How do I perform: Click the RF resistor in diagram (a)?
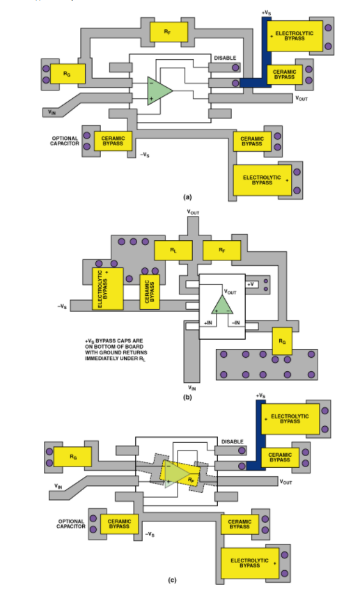169,32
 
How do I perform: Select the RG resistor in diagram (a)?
68,74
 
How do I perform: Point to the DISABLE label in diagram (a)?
225,58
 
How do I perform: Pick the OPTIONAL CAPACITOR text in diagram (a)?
65,141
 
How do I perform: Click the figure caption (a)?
187,197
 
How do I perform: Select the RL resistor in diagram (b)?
173,251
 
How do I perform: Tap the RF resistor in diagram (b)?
222,251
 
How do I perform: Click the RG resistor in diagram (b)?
282,341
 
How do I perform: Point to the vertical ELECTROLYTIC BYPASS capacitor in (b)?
108,288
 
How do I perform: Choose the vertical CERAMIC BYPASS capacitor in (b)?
150,292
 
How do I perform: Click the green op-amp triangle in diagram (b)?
222,304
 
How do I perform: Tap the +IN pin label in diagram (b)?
208,322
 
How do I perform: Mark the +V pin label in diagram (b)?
251,284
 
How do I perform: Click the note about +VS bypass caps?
116,350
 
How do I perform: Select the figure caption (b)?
187,397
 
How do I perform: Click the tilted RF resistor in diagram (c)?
180,473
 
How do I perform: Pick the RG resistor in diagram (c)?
72,457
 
